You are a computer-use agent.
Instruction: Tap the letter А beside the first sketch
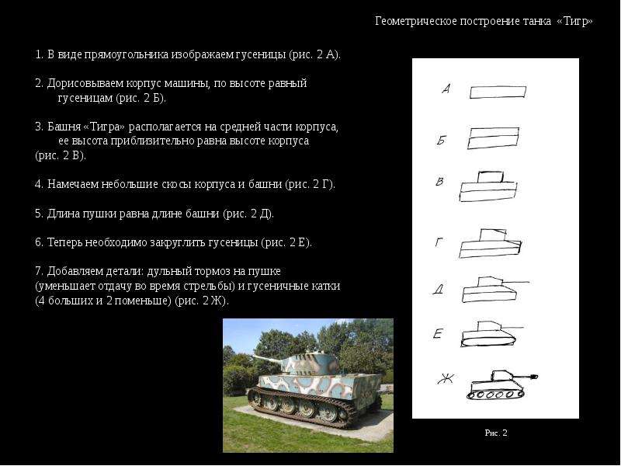[x=446, y=89]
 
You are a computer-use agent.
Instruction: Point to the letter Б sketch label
[x=442, y=140]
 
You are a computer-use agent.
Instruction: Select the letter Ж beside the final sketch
[x=446, y=379]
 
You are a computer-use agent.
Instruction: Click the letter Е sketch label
[x=437, y=334]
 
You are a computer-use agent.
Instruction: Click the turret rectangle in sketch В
[x=491, y=177]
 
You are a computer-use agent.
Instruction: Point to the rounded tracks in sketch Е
[x=488, y=340]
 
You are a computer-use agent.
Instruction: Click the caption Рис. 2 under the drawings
[x=496, y=433]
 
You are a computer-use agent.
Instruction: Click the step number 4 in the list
[x=38, y=184]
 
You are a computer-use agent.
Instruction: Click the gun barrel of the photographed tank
[x=267, y=360]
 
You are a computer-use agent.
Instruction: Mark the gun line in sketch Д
[x=515, y=283]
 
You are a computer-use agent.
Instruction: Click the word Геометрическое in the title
[x=416, y=21]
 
